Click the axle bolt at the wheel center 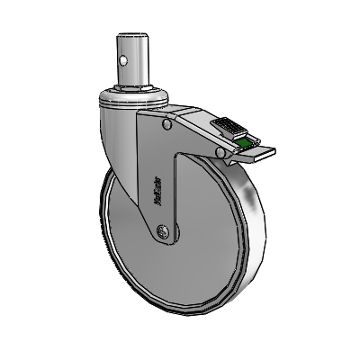click(161, 234)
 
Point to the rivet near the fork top click(169, 128)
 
